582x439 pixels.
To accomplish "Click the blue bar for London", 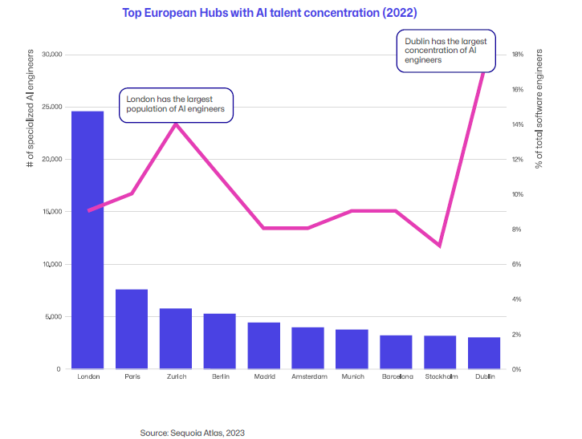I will coord(88,240).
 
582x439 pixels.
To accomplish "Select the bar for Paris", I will coord(132,329).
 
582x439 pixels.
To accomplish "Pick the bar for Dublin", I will coord(484,353).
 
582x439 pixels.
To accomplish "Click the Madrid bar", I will coord(263,346).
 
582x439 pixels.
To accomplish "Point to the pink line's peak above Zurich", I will coord(176,124).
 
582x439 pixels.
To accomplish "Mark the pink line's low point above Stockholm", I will coord(440,246).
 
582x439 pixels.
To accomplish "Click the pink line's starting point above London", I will coord(88,211).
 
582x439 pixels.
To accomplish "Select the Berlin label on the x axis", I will coord(219,376).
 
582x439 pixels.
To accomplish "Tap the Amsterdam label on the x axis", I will coord(307,376).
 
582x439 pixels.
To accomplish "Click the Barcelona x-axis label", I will coord(396,376).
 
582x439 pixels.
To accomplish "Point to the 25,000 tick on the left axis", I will coord(51,107).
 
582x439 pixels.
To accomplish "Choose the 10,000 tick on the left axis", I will coord(51,264).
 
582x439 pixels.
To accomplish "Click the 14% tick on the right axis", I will coord(519,124).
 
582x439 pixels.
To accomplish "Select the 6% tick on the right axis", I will coord(517,264).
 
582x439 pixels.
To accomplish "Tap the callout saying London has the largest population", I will coord(176,104).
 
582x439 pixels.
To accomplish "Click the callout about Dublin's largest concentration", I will coord(445,50).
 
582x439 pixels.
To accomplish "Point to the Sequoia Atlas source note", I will coord(192,432).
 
